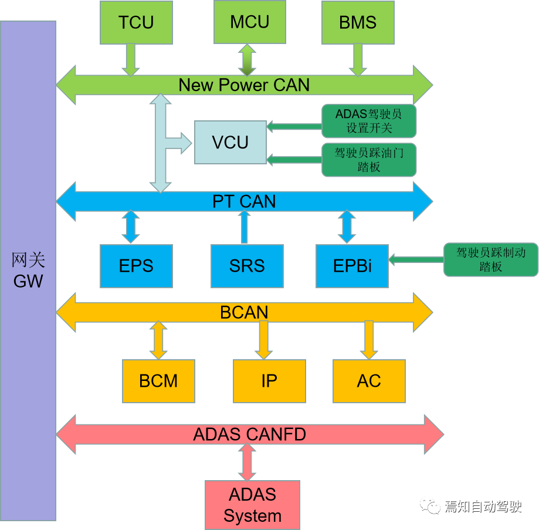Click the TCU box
point(136,22)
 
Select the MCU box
point(249,22)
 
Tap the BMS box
point(358,22)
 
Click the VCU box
point(230,142)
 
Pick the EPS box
point(136,266)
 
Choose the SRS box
point(247,266)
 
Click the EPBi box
point(352,266)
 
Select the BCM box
point(158,381)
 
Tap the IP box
point(269,381)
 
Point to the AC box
point(369,381)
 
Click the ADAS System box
point(252,505)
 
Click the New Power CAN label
point(244,85)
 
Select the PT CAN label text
point(244,202)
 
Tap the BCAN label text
point(244,312)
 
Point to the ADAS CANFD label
point(249,435)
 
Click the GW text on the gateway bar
point(28,281)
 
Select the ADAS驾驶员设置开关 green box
point(369,121)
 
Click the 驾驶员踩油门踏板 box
point(369,160)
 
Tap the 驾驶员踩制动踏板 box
point(490,259)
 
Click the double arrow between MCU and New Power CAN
point(246,59)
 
